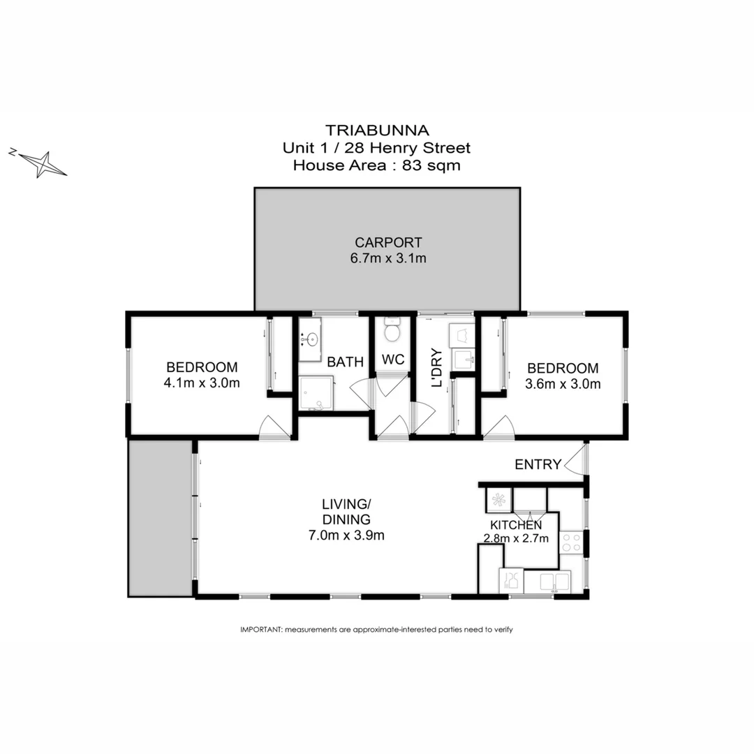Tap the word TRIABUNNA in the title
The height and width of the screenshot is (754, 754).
coord(376,130)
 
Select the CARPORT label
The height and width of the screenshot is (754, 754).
coord(388,243)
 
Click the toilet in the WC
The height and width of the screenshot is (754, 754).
coord(392,330)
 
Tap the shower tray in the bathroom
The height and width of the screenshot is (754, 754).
coord(316,394)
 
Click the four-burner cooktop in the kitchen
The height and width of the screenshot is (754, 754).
coord(571,542)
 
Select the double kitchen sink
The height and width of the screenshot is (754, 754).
coord(547,581)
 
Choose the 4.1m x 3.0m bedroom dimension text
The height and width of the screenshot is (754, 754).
coord(202,383)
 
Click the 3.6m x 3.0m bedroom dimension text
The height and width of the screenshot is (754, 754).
coord(563,383)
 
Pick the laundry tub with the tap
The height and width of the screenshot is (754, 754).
coord(463,360)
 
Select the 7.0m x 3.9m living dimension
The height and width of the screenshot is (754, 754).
coord(346,536)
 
